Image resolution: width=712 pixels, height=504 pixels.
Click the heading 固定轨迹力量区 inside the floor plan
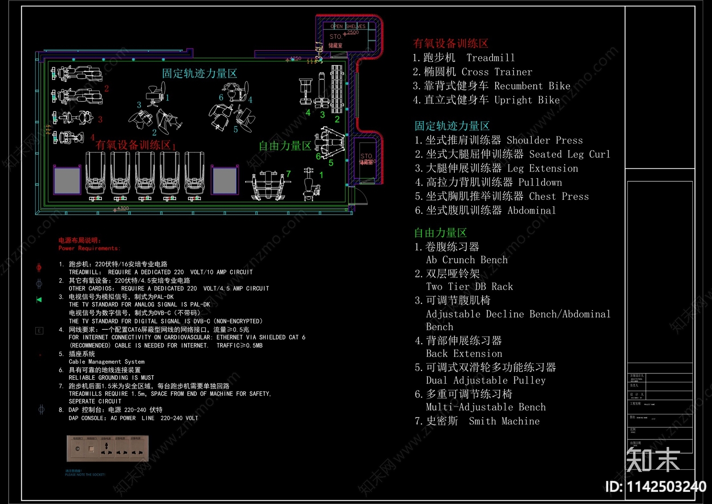click(199, 74)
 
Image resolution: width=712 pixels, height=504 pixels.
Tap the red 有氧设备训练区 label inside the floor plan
click(133, 145)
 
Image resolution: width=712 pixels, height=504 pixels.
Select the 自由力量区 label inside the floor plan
click(285, 146)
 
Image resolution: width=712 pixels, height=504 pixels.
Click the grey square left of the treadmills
click(67, 181)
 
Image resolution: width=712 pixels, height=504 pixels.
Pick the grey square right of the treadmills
click(225, 181)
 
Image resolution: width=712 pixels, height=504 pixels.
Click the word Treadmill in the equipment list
click(490, 58)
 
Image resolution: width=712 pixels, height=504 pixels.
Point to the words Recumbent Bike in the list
click(532, 86)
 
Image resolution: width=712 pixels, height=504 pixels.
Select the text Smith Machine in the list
click(504, 421)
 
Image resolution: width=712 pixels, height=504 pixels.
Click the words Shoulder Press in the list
click(544, 140)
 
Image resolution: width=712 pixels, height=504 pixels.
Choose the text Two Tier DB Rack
click(469, 287)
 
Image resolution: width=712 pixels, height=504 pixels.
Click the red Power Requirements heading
click(89, 248)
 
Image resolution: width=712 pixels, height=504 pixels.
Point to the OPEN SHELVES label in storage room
click(348, 26)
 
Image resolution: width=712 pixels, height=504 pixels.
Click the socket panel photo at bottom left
click(107, 448)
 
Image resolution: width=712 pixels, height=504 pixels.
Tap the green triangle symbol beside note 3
click(39, 299)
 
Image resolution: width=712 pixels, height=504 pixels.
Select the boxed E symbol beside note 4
click(39, 331)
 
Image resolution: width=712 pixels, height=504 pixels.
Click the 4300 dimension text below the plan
click(123, 209)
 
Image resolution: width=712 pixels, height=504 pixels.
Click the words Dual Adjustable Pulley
click(485, 381)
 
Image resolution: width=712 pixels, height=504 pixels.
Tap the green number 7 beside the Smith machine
click(288, 174)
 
